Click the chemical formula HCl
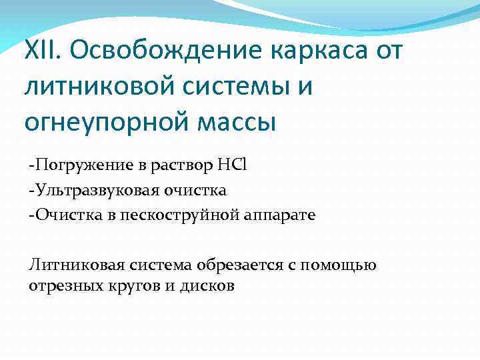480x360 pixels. click(x=233, y=165)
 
